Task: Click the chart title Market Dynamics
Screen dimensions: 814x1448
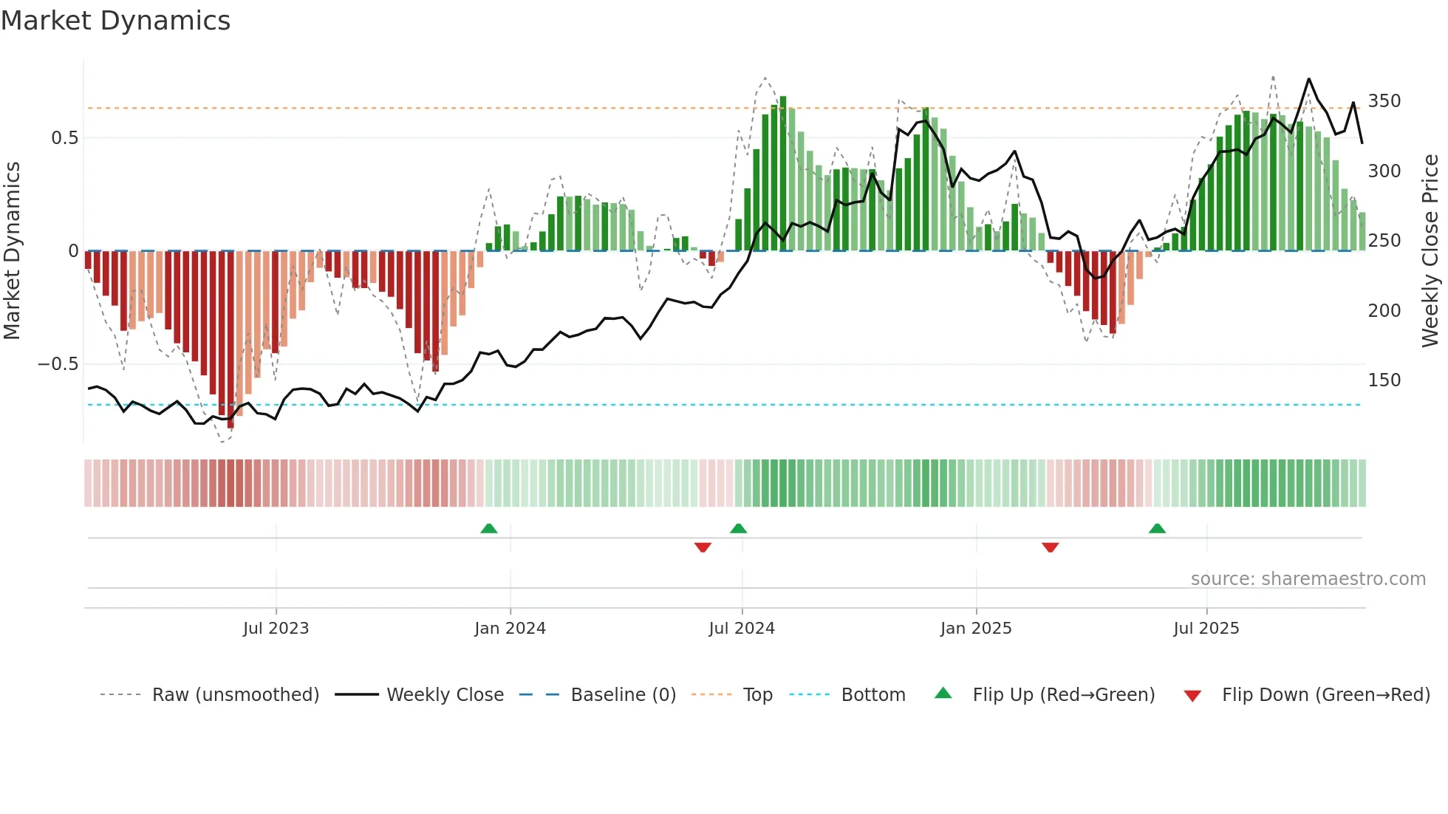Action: [115, 21]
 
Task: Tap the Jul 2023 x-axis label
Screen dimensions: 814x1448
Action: [276, 629]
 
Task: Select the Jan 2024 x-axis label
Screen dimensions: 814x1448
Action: [510, 629]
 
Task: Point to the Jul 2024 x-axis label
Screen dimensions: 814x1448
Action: [742, 629]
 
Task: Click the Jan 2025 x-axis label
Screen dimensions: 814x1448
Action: [976, 629]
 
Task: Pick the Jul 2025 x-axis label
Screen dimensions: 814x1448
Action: [1206, 629]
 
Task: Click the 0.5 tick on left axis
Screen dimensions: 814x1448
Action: [64, 138]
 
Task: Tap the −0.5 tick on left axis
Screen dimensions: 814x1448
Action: [58, 364]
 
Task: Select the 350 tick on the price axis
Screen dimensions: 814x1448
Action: [1384, 101]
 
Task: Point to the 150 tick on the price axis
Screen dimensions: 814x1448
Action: [1384, 380]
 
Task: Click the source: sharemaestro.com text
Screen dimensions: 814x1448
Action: [1308, 579]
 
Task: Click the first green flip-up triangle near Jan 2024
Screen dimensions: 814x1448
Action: [489, 529]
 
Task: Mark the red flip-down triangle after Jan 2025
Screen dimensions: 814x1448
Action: [1051, 547]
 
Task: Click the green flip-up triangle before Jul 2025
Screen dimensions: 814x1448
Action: [1158, 529]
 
